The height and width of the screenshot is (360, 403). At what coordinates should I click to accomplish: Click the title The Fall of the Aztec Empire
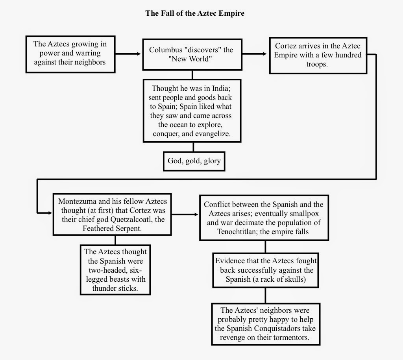[x=195, y=13]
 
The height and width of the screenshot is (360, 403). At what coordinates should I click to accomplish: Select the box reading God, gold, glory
[x=194, y=161]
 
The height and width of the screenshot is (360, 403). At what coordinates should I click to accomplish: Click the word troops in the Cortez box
[x=317, y=64]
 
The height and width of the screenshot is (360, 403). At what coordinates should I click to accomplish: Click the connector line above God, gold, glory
[x=193, y=147]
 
